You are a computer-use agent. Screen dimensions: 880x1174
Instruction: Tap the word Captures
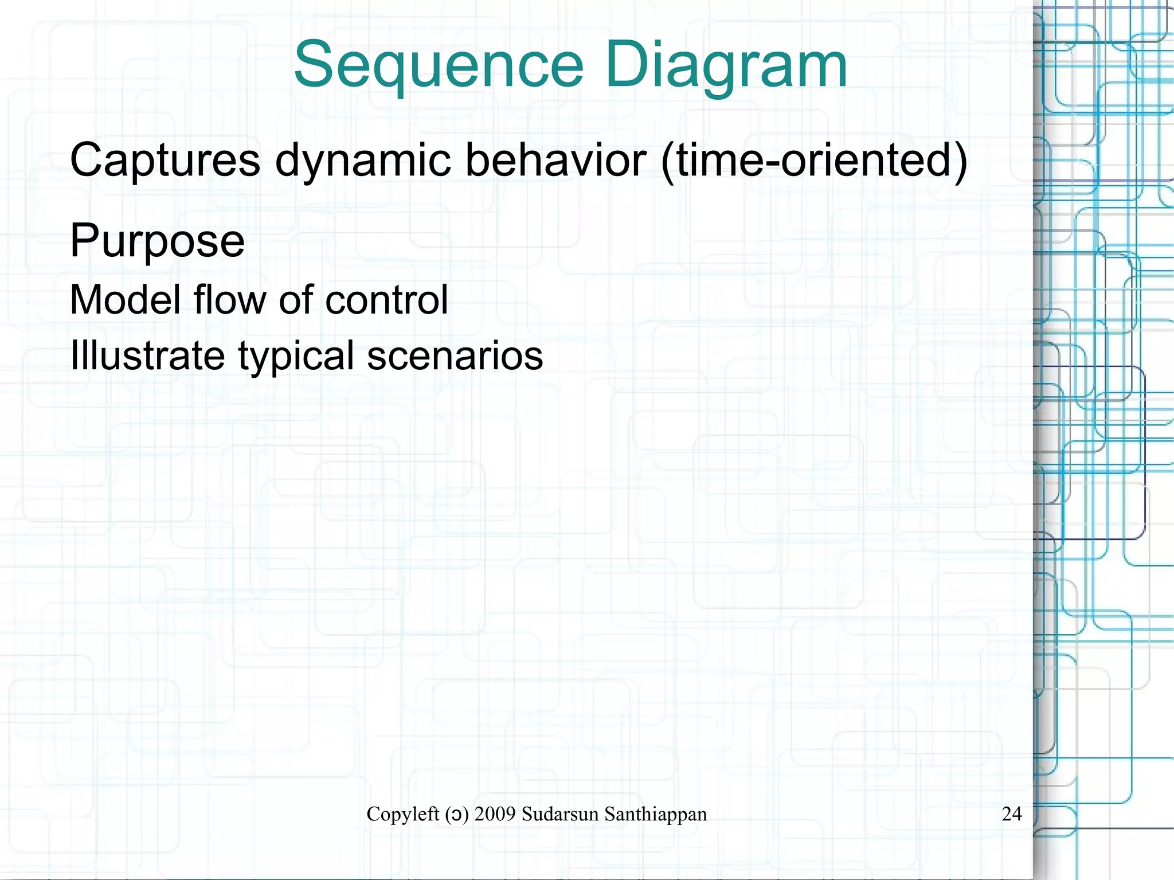point(165,160)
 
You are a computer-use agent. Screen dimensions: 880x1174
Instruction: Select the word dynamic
point(362,160)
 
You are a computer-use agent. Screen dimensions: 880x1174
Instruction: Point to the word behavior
point(555,160)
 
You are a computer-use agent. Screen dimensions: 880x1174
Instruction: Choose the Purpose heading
point(157,241)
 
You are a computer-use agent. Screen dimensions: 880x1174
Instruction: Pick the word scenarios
point(455,355)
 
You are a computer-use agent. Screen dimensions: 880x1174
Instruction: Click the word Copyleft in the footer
point(402,813)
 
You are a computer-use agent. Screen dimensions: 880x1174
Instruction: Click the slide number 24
point(1011,813)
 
